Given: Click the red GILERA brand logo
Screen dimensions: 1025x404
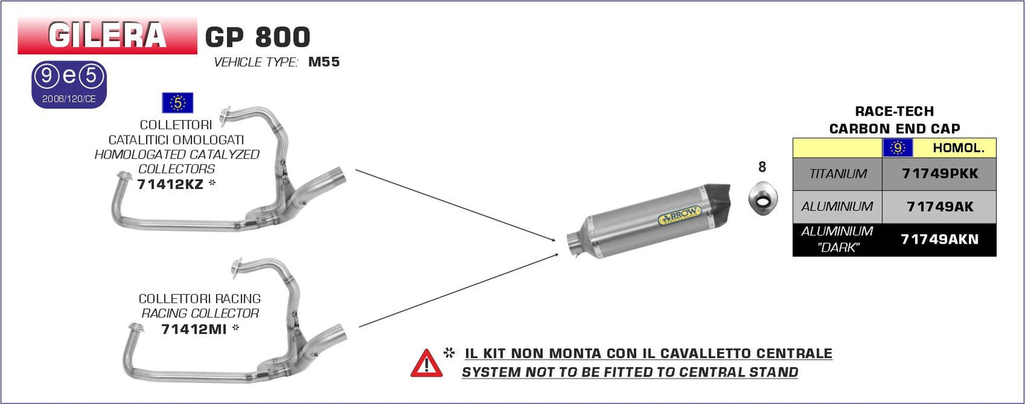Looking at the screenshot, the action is click(107, 36).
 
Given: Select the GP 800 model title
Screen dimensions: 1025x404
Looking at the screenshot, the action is click(257, 37).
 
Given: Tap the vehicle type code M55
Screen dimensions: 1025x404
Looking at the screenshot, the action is click(324, 62).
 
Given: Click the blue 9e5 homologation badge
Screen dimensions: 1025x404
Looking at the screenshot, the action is click(69, 84).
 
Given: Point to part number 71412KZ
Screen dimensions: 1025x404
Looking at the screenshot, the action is click(170, 185).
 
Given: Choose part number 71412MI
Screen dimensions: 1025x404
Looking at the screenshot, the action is click(194, 329).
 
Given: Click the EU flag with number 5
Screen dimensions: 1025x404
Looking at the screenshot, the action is click(177, 103).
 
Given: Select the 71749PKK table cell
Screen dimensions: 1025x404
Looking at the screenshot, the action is click(939, 174).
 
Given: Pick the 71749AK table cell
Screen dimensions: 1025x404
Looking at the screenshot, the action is click(939, 207).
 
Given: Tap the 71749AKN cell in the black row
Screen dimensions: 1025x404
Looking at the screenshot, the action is click(939, 239).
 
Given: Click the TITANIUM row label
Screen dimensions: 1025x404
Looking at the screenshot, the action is click(838, 174).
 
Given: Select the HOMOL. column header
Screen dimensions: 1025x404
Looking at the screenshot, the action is click(958, 148).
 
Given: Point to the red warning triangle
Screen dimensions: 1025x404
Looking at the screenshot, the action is click(426, 364).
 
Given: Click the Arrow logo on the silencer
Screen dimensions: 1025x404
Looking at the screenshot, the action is click(680, 215).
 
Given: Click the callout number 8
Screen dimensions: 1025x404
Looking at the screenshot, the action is click(762, 167).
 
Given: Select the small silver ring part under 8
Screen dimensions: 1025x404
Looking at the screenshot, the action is click(763, 197).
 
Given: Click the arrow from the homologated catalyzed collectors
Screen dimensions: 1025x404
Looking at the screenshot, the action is click(456, 205).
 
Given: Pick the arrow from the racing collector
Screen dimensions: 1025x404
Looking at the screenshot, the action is click(459, 290).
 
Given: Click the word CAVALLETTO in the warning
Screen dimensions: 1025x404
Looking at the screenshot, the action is click(719, 354).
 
